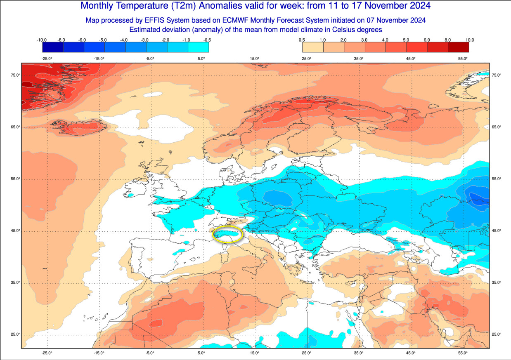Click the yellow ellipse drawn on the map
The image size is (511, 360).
tap(227, 234)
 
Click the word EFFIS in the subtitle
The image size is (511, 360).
tap(154, 20)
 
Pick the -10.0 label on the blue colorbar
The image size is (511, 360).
tap(41, 40)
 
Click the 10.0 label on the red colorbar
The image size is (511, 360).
tap(469, 40)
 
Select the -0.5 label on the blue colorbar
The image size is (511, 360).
tap(208, 40)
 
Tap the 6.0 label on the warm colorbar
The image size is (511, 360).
tap(427, 40)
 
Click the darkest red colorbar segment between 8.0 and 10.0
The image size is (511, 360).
tap(458, 47)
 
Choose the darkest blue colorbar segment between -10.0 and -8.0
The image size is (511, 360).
tap(52, 47)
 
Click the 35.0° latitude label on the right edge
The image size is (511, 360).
tap(496, 282)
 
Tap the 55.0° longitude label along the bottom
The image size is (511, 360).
tap(463, 353)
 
